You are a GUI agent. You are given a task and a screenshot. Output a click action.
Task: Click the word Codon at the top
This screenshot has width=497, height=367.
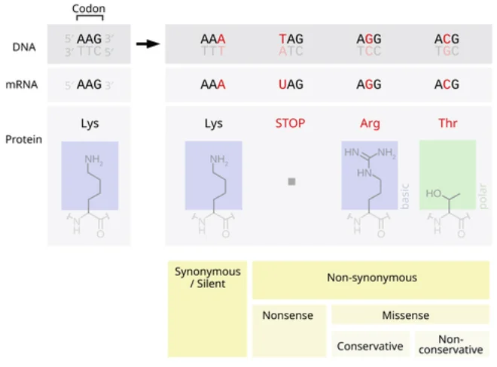(x=88, y=9)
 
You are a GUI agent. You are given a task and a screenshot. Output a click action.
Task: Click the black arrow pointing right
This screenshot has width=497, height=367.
(x=148, y=44)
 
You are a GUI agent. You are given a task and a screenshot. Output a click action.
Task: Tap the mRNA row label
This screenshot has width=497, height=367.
(x=23, y=86)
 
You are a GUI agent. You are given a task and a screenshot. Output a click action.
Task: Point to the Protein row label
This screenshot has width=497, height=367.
(x=23, y=140)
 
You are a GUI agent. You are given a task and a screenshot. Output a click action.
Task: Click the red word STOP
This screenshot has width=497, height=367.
(x=291, y=123)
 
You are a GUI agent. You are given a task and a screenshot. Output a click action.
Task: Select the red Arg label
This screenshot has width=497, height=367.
(x=369, y=123)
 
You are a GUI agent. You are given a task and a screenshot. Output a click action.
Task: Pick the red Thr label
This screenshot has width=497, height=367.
(x=448, y=123)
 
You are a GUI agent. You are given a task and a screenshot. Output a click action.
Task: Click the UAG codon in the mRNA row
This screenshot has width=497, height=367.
(x=291, y=85)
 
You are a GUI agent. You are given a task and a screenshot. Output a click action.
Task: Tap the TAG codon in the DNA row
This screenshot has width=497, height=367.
(x=291, y=39)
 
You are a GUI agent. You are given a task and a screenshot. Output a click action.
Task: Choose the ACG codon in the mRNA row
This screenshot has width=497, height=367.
(x=447, y=85)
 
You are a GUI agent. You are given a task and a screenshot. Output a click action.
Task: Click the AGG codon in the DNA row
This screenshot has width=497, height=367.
(x=368, y=39)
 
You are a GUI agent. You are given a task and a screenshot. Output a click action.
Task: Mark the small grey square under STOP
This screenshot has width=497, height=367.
(x=291, y=181)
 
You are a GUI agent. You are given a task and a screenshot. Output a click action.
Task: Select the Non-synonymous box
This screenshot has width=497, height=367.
(x=371, y=279)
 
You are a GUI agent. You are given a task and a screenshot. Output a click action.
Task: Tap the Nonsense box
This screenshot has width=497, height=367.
(x=289, y=329)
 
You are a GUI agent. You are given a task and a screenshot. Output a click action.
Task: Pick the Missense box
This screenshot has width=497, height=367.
(x=410, y=315)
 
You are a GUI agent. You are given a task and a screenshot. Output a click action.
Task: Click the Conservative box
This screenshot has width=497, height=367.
(x=370, y=345)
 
